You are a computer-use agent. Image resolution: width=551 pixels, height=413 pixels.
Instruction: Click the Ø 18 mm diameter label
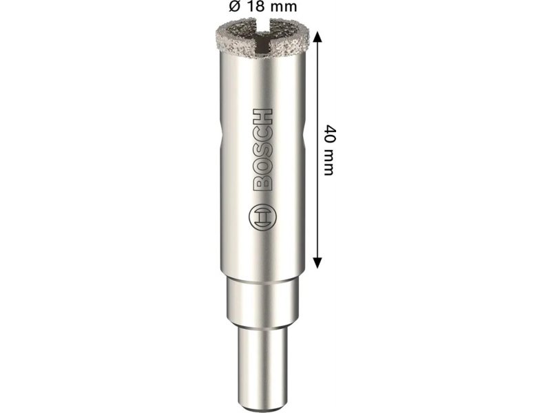tap(262, 6)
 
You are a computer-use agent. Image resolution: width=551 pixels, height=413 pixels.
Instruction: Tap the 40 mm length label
tap(329, 150)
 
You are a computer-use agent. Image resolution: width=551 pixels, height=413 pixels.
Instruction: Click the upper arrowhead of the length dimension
tap(318, 36)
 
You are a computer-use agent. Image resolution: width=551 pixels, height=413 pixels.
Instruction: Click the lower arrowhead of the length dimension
tap(318, 263)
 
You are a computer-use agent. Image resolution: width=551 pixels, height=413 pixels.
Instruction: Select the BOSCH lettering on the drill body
tap(263, 150)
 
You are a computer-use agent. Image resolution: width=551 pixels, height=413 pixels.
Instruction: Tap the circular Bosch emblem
tap(262, 218)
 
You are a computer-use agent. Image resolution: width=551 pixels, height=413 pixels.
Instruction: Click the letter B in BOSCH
tap(263, 182)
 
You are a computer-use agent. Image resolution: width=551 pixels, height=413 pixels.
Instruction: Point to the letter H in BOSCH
tap(263, 116)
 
